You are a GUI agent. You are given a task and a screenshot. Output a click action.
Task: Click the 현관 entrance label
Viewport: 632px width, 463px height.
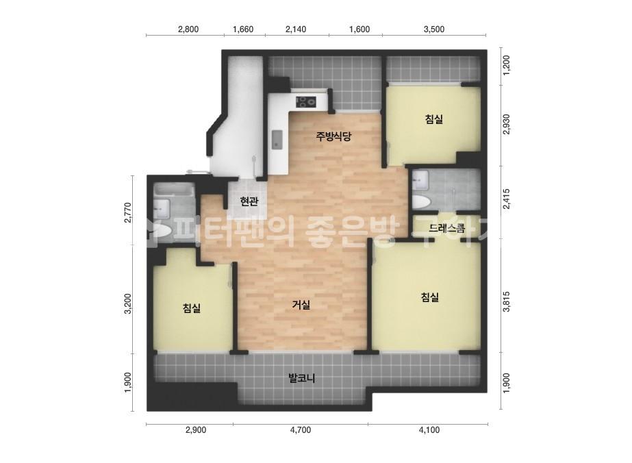249,201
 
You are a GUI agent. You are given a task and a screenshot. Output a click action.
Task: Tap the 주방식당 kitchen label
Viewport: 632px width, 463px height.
333,136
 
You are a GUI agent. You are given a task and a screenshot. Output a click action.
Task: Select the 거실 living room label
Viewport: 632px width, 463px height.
301,305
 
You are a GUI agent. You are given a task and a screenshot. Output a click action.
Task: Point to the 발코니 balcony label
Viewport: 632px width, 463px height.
301,378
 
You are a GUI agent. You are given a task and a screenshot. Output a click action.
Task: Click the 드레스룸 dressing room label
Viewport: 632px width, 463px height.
446,229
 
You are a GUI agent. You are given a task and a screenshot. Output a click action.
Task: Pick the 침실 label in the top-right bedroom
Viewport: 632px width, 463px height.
433,119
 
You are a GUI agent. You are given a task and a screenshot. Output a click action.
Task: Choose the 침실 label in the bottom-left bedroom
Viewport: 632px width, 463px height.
192,308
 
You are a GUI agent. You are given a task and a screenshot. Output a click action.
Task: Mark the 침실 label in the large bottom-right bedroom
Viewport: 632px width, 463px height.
429,297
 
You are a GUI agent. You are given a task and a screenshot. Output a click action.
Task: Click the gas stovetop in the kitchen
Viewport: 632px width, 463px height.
306,101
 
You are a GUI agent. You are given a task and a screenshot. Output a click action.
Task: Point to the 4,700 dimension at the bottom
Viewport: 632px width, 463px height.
301,430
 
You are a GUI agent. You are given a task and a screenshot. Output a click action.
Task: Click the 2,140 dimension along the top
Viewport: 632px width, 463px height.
296,29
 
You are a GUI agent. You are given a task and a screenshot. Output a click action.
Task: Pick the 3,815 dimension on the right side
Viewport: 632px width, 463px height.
507,301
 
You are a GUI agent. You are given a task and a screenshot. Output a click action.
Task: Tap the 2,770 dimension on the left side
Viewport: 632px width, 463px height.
128,212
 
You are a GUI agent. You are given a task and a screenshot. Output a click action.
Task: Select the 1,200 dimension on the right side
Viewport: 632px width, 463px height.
507,64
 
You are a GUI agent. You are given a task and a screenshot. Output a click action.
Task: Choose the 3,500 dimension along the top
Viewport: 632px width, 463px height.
434,29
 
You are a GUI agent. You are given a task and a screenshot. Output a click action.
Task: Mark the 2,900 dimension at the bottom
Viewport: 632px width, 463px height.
195,430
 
